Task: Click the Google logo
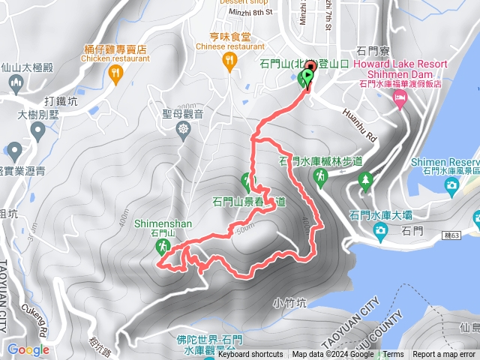28,349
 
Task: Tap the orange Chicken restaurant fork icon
115,73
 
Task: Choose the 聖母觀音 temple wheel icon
184,129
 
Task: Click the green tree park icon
364,180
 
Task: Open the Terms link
393,355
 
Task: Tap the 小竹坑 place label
289,304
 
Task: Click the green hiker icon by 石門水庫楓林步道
320,175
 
